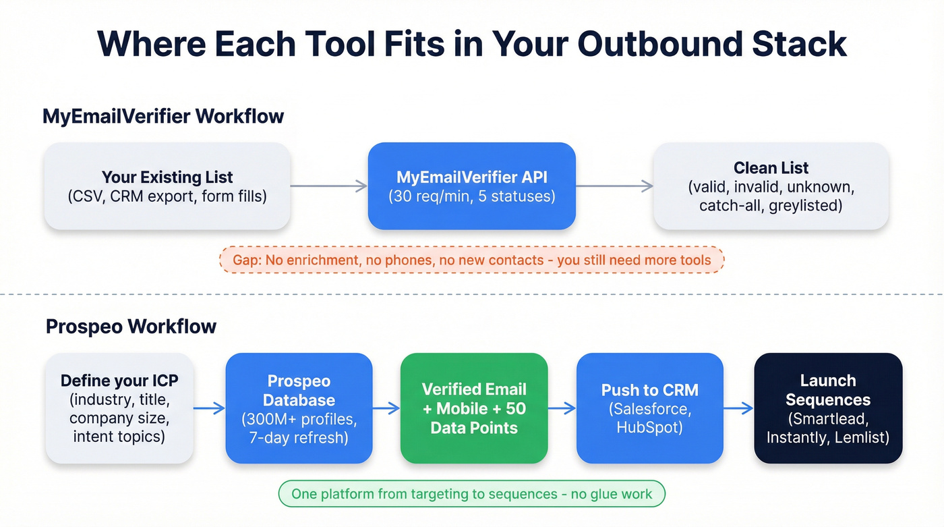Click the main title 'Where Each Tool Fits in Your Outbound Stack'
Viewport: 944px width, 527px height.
(472, 43)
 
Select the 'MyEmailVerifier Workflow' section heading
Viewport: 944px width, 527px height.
(163, 116)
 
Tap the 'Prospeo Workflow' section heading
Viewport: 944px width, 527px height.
(131, 327)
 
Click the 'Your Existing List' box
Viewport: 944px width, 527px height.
(167, 186)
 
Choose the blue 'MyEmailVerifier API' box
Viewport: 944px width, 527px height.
(471, 186)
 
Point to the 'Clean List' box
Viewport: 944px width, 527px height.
(771, 186)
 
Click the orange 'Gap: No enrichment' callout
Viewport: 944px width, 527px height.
(471, 260)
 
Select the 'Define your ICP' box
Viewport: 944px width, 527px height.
(119, 408)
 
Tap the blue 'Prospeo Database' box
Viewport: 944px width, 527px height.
(299, 408)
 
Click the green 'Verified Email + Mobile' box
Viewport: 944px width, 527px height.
(474, 408)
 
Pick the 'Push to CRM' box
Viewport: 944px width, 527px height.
(650, 408)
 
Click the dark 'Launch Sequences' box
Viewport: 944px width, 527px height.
(828, 408)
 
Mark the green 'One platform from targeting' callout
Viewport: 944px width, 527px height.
(471, 494)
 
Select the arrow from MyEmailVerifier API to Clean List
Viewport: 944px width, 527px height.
(614, 186)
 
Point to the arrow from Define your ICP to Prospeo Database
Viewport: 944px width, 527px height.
(209, 408)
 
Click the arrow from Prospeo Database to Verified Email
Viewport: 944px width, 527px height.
(386, 408)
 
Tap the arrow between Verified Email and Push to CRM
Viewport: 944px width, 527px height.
(562, 408)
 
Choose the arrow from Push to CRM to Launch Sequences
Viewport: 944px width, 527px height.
(738, 408)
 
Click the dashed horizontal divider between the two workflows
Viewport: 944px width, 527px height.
(472, 294)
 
